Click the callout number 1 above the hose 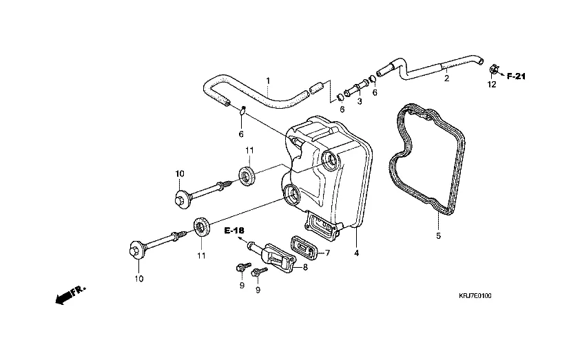click(x=268, y=81)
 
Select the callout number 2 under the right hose click(x=446, y=78)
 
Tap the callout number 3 click(x=359, y=101)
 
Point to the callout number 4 click(x=356, y=253)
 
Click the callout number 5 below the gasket click(x=437, y=236)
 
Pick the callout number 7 click(x=328, y=253)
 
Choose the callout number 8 click(x=305, y=266)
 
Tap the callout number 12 click(x=491, y=85)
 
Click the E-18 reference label click(x=235, y=231)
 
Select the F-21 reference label click(x=516, y=76)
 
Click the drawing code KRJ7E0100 click(x=475, y=296)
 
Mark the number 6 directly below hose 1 click(x=241, y=134)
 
